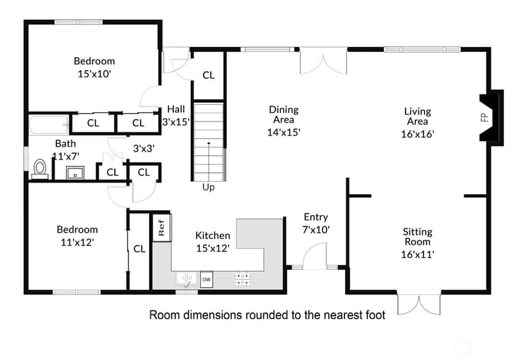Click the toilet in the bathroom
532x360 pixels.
(40, 169)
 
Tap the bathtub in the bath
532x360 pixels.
(49, 125)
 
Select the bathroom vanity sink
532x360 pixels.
(75, 173)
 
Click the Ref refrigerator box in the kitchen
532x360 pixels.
(161, 228)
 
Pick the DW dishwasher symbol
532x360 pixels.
(206, 280)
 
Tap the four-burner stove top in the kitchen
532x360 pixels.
(243, 278)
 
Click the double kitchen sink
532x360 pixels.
(186, 279)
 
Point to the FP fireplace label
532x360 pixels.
(484, 117)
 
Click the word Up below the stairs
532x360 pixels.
(208, 187)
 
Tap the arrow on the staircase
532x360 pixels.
(209, 161)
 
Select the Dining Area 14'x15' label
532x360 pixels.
(283, 121)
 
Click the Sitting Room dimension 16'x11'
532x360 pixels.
(418, 255)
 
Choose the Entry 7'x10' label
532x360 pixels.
(316, 223)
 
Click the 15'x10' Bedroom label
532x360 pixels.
(94, 67)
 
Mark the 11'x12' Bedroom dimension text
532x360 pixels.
(77, 242)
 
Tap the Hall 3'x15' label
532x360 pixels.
(176, 116)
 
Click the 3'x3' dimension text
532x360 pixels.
(144, 148)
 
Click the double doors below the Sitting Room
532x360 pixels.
(419, 304)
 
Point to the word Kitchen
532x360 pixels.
(213, 235)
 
